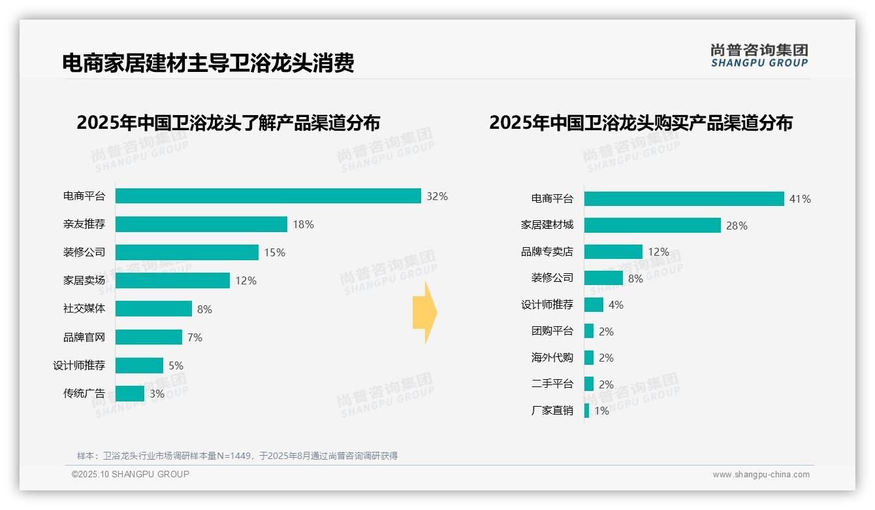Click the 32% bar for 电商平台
click(x=268, y=196)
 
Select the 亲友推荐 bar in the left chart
click(x=201, y=224)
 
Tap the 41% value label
click(x=800, y=199)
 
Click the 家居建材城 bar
click(x=652, y=225)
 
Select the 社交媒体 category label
click(x=84, y=309)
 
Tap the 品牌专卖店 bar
click(x=613, y=252)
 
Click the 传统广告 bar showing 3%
click(x=130, y=394)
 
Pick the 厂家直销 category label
click(x=552, y=411)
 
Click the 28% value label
click(x=737, y=226)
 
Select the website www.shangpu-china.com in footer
click(x=761, y=475)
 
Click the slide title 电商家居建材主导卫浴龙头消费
click(x=208, y=63)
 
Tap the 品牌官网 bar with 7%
click(x=149, y=337)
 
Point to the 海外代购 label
click(x=552, y=358)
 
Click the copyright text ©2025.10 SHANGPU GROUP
click(x=131, y=474)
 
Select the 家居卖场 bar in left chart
click(x=172, y=280)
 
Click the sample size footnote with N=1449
click(x=237, y=456)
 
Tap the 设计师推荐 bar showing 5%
click(x=139, y=365)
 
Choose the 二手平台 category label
click(x=552, y=384)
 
